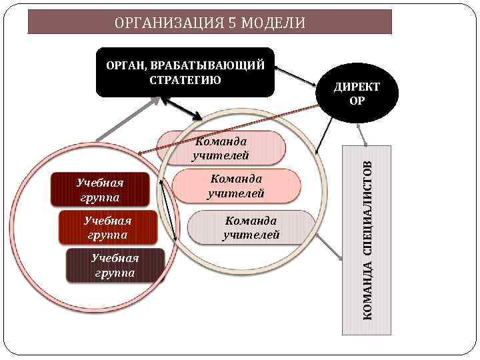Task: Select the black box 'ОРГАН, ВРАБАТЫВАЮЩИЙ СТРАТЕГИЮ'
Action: click(x=185, y=72)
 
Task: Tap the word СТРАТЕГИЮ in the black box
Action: click(x=185, y=81)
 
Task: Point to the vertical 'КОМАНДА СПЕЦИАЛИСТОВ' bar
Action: click(x=367, y=240)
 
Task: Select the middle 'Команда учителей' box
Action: click(x=236, y=186)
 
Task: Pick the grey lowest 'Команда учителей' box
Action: click(x=251, y=227)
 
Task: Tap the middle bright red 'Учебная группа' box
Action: click(x=109, y=227)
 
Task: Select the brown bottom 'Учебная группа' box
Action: click(x=115, y=265)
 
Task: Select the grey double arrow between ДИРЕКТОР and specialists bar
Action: click(x=363, y=134)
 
